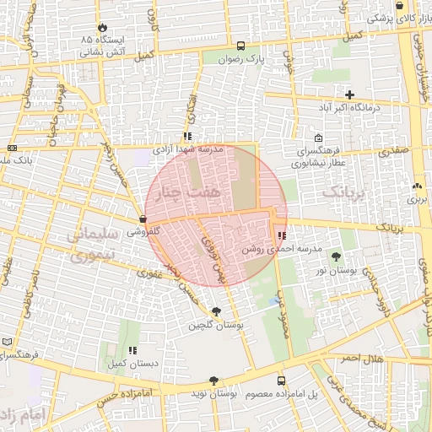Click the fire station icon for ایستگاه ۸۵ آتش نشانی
[x=103, y=27]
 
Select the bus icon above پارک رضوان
[x=241, y=46]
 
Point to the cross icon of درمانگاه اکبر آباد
[x=349, y=94]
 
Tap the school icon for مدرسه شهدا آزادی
[x=187, y=135]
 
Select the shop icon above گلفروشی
[x=142, y=219]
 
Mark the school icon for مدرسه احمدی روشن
[x=281, y=236]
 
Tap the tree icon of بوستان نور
[x=337, y=256]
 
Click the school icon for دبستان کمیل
[x=132, y=350]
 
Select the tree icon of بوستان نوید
[x=213, y=381]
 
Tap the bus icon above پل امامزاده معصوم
[x=281, y=381]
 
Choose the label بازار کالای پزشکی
[x=394, y=17]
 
